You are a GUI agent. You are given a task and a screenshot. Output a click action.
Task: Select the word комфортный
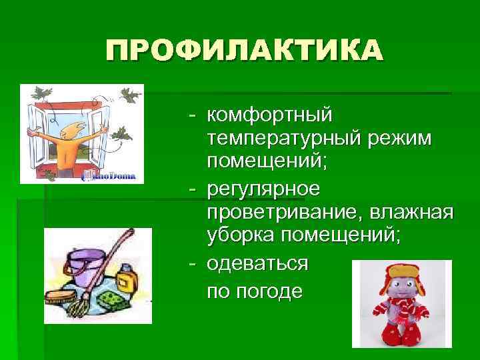coord(269,116)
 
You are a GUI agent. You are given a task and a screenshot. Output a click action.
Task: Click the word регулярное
coord(263,189)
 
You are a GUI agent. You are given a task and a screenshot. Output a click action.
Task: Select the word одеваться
coord(257,263)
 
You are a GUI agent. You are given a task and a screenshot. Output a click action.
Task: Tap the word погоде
coord(273,292)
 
